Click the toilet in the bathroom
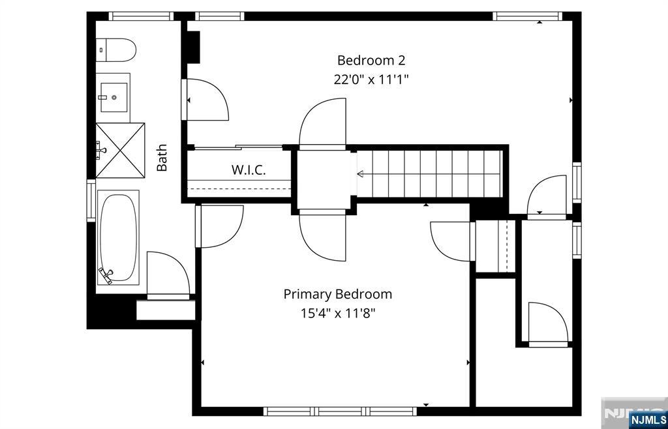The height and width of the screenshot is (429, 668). pyautogui.click(x=115, y=50)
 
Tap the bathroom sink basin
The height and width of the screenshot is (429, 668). pyautogui.click(x=114, y=97)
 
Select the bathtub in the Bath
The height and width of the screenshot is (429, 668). pyautogui.click(x=118, y=237)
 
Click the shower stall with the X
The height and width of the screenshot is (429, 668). pyautogui.click(x=120, y=150)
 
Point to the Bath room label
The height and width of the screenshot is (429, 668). pyautogui.click(x=162, y=158)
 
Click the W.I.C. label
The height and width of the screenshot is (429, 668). pyautogui.click(x=249, y=170)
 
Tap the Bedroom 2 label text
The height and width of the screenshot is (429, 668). pyautogui.click(x=371, y=61)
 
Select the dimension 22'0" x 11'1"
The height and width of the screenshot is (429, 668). pyautogui.click(x=371, y=80)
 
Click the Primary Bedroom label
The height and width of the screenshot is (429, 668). pyautogui.click(x=338, y=294)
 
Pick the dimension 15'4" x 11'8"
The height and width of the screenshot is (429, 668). pyautogui.click(x=338, y=314)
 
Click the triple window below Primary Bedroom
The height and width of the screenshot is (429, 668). pyautogui.click(x=340, y=411)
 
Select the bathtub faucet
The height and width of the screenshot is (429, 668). pyautogui.click(x=106, y=275)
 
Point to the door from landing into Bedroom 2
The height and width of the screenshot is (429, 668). pyautogui.click(x=322, y=123)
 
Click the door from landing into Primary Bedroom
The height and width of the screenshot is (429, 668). pyautogui.click(x=322, y=237)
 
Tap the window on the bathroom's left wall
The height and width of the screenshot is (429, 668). pyautogui.click(x=91, y=200)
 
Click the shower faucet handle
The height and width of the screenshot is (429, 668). pyautogui.click(x=100, y=150)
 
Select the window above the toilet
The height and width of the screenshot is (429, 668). pyautogui.click(x=141, y=16)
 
